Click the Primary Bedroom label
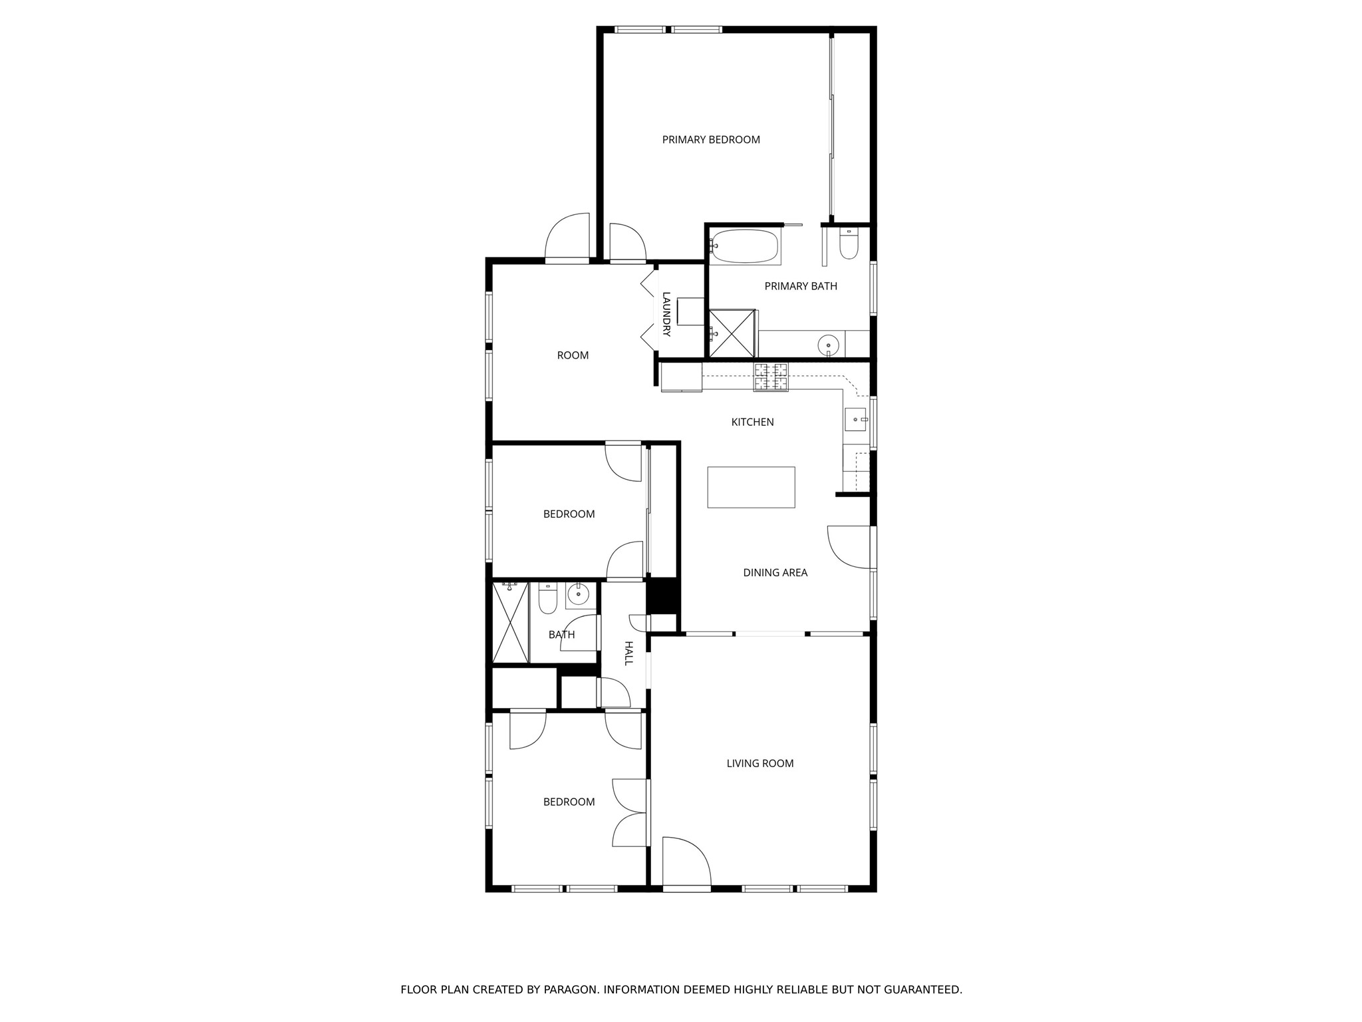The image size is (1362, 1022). [710, 140]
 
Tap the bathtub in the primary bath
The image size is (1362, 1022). [744, 247]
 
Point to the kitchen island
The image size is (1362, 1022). [751, 487]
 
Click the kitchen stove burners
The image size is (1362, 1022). [771, 377]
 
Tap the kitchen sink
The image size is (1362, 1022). [855, 419]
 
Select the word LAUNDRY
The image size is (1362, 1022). [666, 314]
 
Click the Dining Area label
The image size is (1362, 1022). [775, 573]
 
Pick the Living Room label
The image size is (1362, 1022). [759, 764]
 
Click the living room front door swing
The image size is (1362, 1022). [685, 862]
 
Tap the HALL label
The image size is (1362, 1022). [628, 653]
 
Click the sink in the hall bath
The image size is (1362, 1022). [579, 594]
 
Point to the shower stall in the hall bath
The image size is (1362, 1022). [510, 621]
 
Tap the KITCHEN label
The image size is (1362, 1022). [752, 423]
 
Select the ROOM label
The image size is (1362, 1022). [573, 356]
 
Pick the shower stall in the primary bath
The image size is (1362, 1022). [732, 332]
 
